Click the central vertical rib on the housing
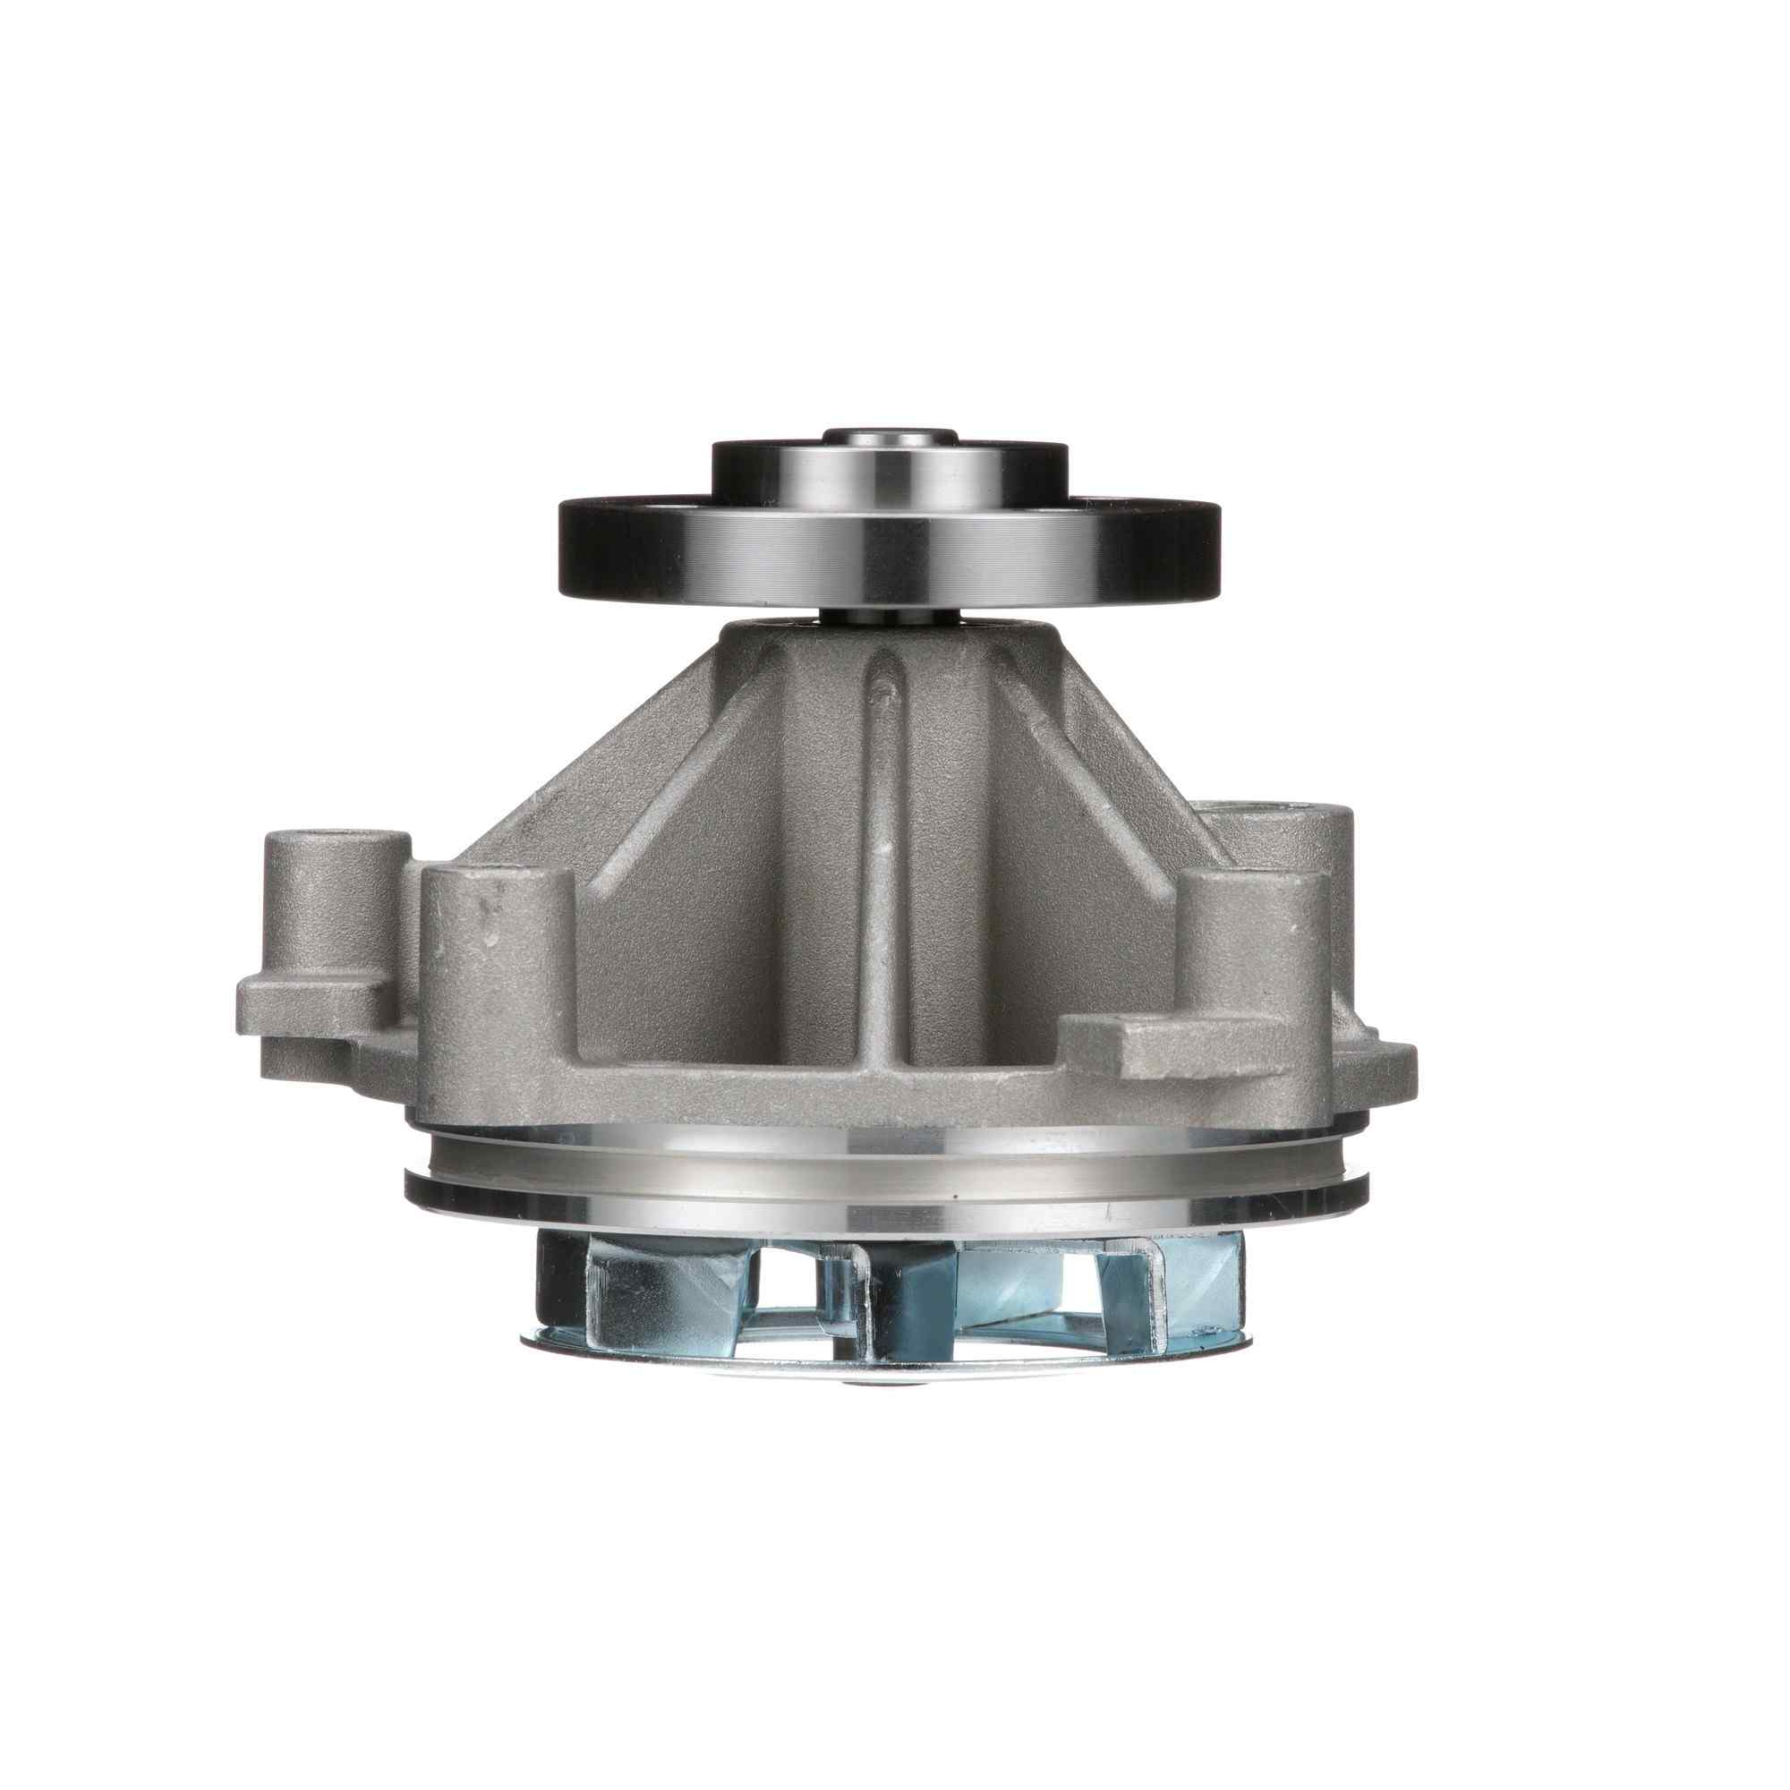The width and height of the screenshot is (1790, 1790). point(885,834)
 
